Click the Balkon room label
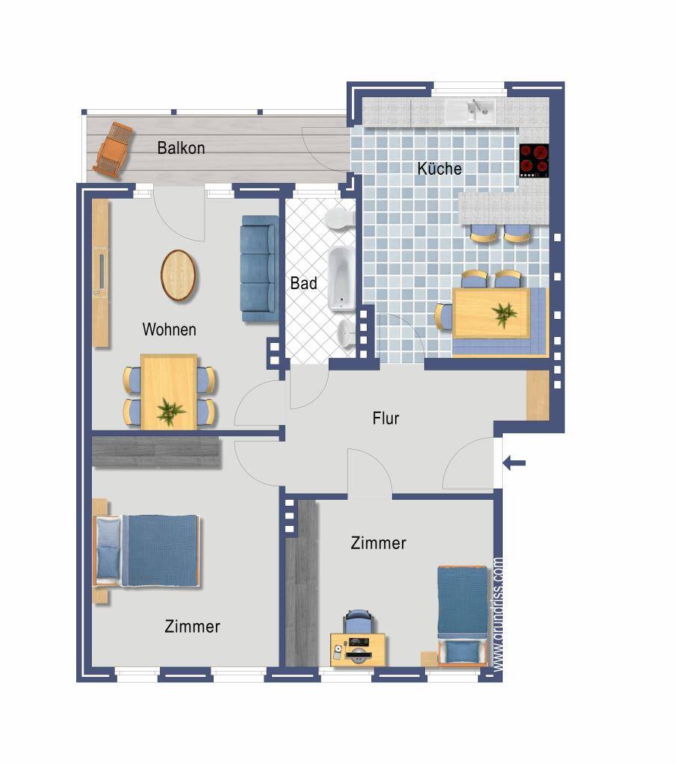(x=181, y=148)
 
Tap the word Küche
(x=439, y=169)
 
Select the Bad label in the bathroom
(x=303, y=283)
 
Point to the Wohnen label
(x=170, y=329)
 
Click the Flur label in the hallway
(x=385, y=418)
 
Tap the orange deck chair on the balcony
(x=113, y=149)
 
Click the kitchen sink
(x=470, y=111)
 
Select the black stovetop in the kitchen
(x=533, y=161)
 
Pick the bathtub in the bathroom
(x=341, y=279)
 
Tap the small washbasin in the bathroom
(x=346, y=334)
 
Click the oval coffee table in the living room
(x=179, y=276)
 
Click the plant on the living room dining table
(x=170, y=411)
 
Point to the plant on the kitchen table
(x=504, y=315)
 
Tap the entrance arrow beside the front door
(x=514, y=462)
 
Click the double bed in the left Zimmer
(x=147, y=551)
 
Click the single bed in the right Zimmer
(x=462, y=616)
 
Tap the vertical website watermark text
(x=498, y=616)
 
